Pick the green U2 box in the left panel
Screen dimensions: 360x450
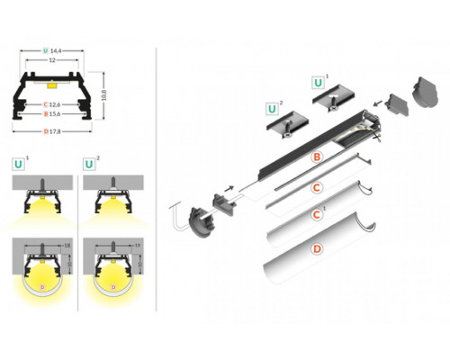[89, 165]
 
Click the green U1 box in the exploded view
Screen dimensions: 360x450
[319, 82]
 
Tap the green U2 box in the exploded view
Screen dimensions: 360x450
[271, 110]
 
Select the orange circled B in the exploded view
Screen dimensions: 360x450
[316, 157]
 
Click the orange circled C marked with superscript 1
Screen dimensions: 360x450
[316, 216]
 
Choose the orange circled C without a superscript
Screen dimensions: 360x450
[316, 187]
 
